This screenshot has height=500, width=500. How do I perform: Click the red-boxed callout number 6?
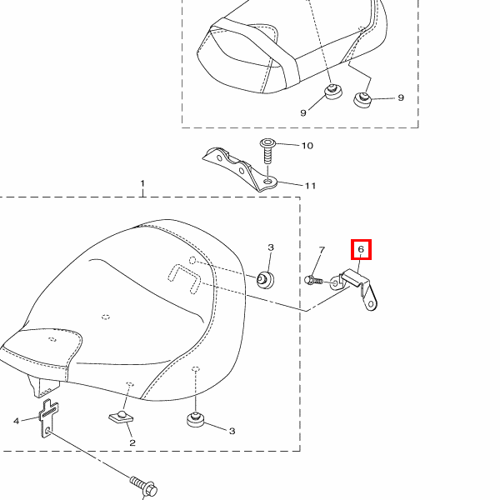[361, 249]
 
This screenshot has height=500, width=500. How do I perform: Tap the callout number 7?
[322, 250]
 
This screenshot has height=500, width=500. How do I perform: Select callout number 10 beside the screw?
[307, 146]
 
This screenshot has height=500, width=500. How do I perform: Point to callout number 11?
[311, 186]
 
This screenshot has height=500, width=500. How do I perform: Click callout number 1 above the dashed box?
[142, 183]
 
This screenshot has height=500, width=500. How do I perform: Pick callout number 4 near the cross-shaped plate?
[17, 421]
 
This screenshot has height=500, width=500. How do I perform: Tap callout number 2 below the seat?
[132, 442]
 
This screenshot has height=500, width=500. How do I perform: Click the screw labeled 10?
[267, 151]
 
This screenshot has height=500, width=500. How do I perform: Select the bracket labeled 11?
[240, 169]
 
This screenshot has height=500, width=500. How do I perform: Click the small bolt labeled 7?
[314, 280]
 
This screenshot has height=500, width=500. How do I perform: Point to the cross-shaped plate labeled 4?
[48, 418]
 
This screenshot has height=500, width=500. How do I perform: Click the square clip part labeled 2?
[121, 417]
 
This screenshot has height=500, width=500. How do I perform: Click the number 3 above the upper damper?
[271, 247]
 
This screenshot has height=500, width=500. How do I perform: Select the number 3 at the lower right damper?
[232, 431]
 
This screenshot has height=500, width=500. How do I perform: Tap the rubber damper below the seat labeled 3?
[196, 420]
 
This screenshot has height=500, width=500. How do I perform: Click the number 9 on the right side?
[401, 97]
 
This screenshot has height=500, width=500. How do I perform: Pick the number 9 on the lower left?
[303, 112]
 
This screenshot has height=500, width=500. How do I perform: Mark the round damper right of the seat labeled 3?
[265, 280]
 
